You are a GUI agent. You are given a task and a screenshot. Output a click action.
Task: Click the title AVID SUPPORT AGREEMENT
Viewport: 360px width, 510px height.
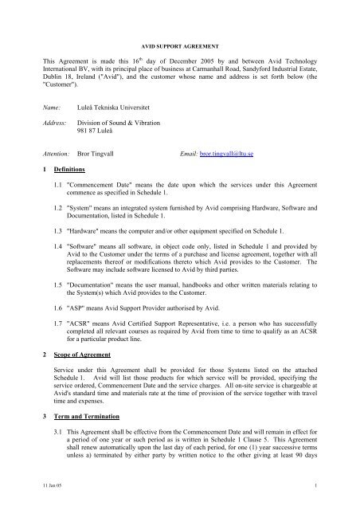click(x=179, y=37)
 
